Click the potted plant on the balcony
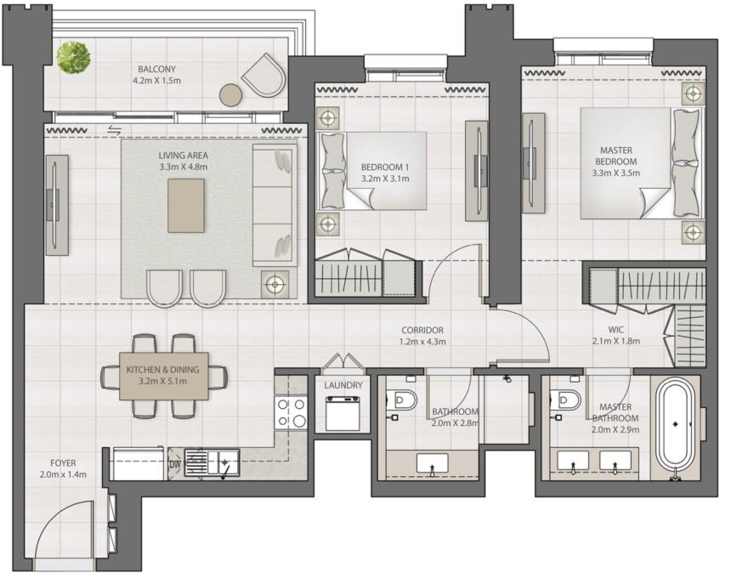point(73,58)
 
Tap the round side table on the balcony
point(231,94)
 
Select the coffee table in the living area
point(186,205)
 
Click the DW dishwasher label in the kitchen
point(174,464)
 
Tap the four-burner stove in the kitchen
point(291,414)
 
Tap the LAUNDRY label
point(343,385)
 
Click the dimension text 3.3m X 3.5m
point(615,173)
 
